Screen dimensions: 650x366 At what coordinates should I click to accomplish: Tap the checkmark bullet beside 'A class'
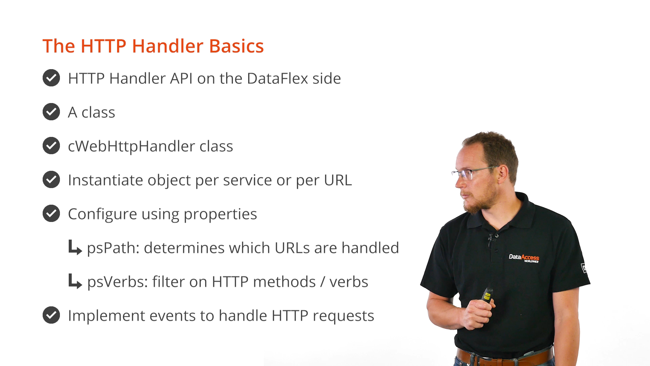[51, 112]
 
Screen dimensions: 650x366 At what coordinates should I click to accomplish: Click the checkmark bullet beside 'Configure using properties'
[51, 213]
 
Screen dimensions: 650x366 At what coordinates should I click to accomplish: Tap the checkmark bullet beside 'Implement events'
[51, 315]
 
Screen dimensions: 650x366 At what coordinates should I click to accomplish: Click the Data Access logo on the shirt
[524, 258]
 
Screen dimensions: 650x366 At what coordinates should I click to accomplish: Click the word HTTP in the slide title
[104, 46]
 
